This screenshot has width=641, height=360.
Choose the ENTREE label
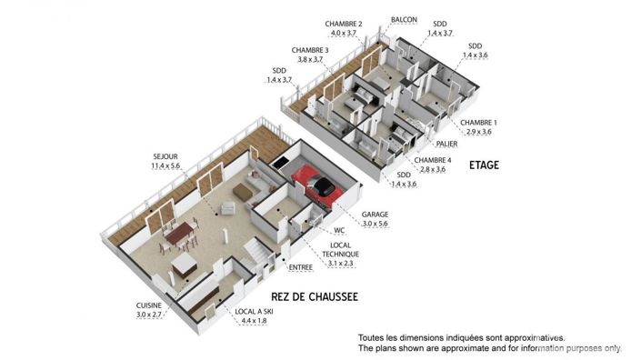pyautogui.click(x=300, y=267)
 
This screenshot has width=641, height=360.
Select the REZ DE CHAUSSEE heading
pyautogui.click(x=315, y=297)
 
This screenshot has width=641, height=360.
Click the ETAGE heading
pyautogui.click(x=485, y=165)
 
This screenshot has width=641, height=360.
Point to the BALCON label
pyautogui.click(x=404, y=19)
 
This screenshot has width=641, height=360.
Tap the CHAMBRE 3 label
pyautogui.click(x=310, y=50)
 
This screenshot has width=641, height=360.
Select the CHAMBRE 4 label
pyautogui.click(x=432, y=160)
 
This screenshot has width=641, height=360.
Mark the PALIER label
pyautogui.click(x=446, y=143)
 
